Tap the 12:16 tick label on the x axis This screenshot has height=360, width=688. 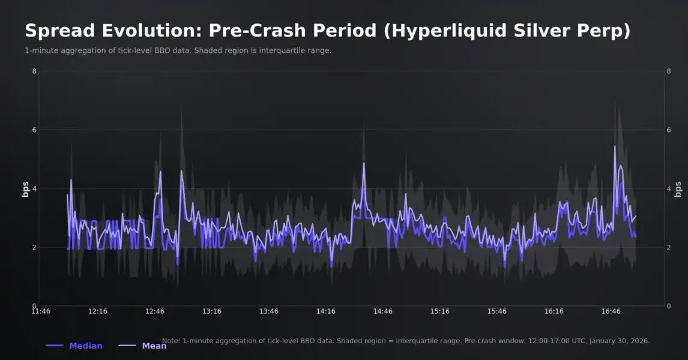tap(98, 311)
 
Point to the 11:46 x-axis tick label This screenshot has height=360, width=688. tap(40, 311)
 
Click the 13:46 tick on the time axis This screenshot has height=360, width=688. tap(269, 311)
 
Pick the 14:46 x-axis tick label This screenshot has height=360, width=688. tap(383, 311)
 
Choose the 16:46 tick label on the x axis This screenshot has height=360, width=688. tap(611, 311)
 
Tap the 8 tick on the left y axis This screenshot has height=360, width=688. tap(34, 71)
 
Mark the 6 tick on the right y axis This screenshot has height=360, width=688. tap(669, 130)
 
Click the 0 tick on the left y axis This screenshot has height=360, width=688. tap(34, 306)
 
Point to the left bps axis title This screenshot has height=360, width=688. tap(25, 189)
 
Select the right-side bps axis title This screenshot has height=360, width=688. tap(678, 189)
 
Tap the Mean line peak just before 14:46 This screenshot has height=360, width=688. tap(364, 163)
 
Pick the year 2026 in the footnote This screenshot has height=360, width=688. tap(639, 341)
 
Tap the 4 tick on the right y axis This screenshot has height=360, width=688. tap(669, 188)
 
